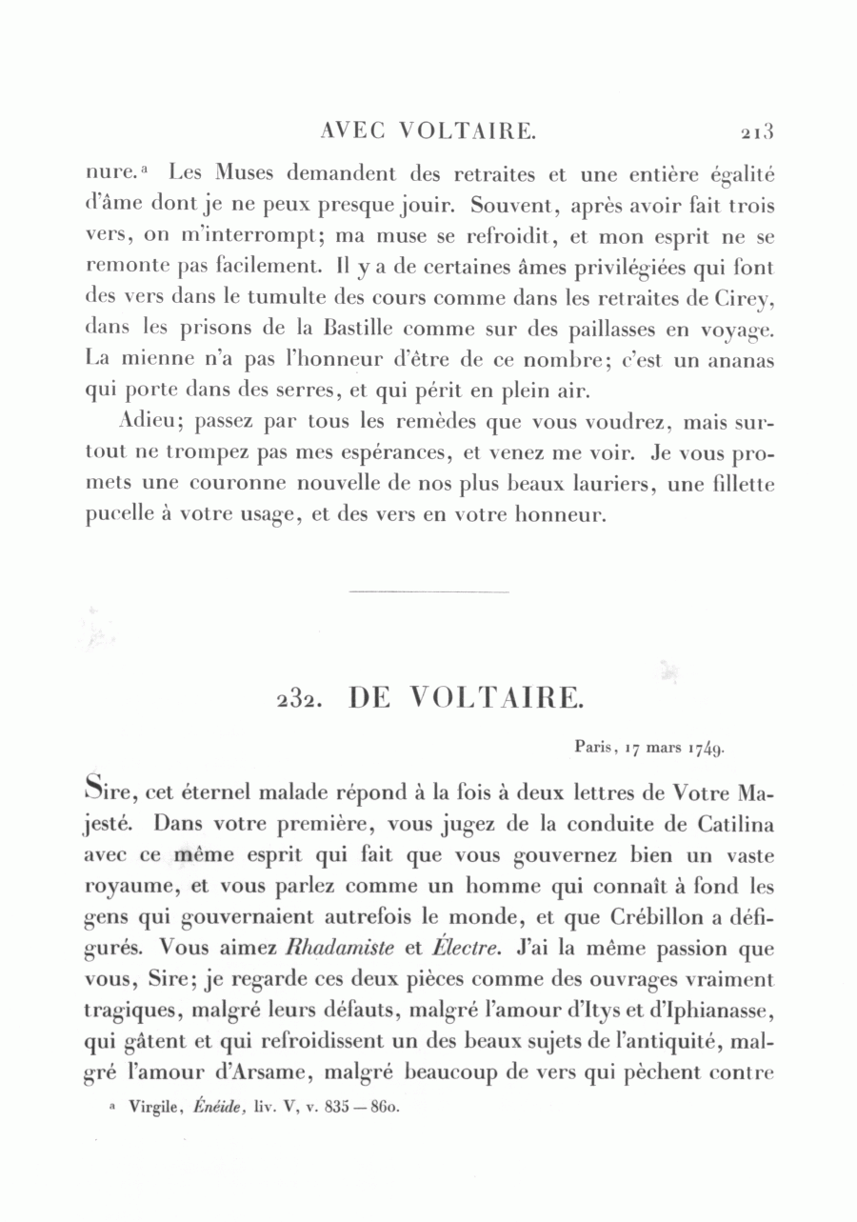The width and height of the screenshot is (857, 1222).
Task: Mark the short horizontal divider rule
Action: pyautogui.click(x=429, y=592)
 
